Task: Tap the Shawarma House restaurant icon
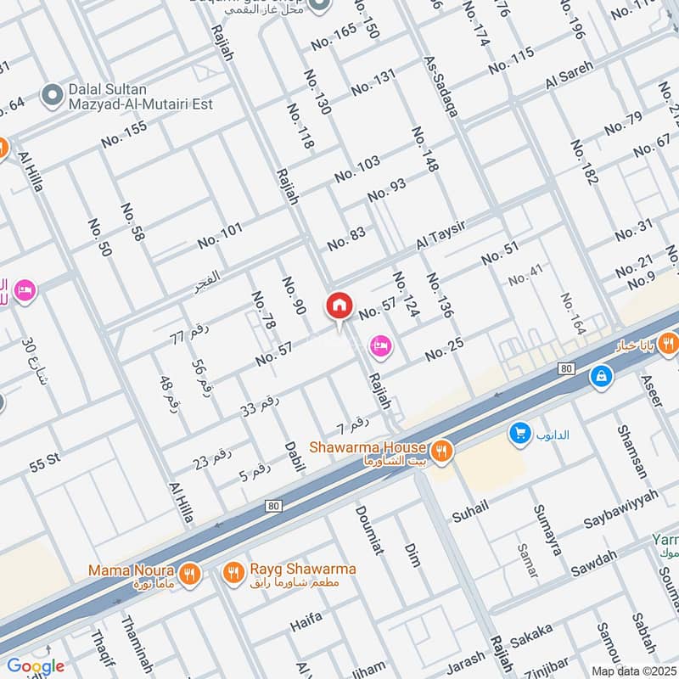441,448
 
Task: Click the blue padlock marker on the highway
601,375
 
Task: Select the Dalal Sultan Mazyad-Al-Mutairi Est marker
53,96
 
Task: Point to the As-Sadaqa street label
441,87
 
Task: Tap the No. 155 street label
124,134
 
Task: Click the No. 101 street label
220,235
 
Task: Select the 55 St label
46,463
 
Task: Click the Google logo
35,666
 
